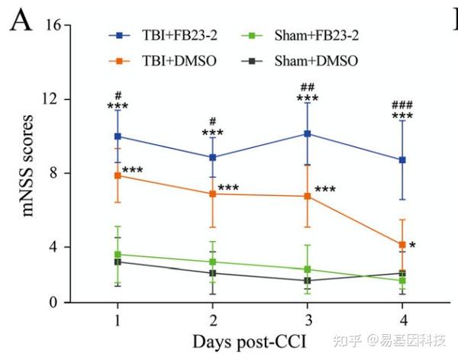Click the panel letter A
point(21,25)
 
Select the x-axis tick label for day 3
point(308,317)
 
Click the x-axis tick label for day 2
point(213,317)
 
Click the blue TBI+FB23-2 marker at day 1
point(118,137)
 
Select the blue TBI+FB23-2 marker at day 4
point(402,160)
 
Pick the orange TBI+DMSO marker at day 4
point(402,245)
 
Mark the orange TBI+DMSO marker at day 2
point(213,194)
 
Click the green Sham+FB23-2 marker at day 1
point(118,255)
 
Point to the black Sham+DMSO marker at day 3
point(308,281)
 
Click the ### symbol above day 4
point(402,104)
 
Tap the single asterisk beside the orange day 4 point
point(412,246)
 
